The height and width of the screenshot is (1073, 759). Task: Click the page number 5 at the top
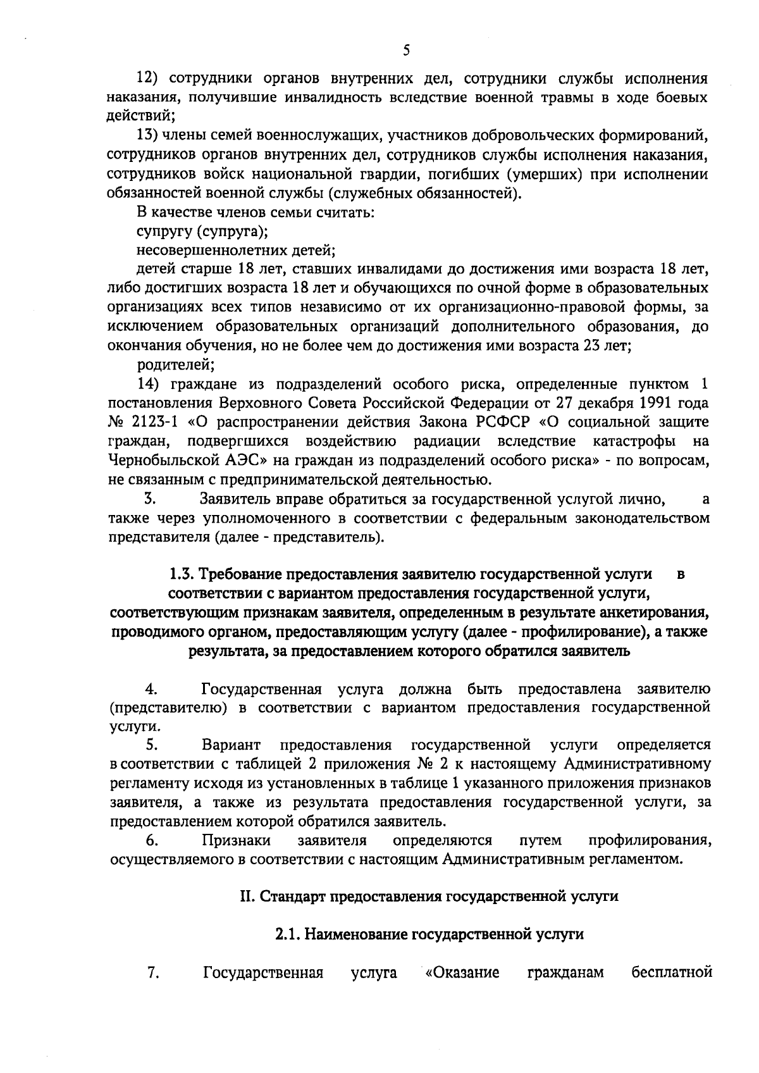(405, 51)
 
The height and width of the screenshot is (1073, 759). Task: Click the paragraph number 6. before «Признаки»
(152, 841)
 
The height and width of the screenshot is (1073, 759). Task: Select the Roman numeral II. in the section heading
(248, 897)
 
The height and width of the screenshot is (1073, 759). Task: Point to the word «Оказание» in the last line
(462, 990)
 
